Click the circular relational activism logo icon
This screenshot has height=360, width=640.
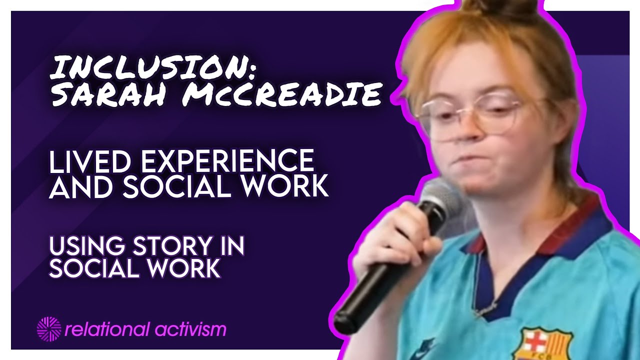point(48,329)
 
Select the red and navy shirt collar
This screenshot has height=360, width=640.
point(565,225)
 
